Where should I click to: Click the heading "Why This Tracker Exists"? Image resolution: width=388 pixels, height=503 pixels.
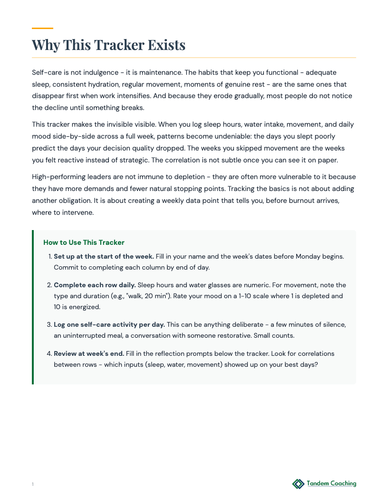108,45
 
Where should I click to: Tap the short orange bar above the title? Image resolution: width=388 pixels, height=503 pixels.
42,29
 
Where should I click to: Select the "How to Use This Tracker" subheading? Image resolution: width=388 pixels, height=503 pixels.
84,242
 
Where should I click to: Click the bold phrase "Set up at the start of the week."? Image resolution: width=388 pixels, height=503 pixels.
104,256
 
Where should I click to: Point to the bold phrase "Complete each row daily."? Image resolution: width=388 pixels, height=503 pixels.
95,285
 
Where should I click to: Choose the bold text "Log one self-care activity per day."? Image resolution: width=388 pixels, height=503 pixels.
109,324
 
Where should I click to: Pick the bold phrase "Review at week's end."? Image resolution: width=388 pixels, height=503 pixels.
89,353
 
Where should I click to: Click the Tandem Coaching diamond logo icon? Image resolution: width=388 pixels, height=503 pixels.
298,484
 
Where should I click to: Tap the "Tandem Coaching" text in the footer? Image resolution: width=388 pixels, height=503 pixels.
331,483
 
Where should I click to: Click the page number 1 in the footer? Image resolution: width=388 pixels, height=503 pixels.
33,484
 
